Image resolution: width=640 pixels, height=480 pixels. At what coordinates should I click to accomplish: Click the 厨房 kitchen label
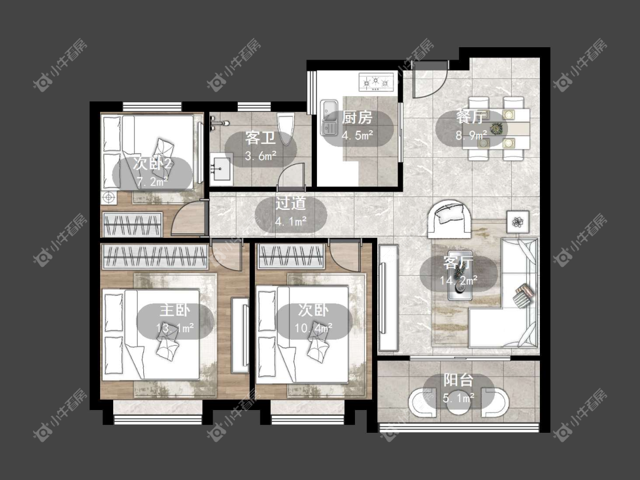(357, 118)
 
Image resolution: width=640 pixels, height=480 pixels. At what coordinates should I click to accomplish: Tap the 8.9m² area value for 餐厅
(472, 135)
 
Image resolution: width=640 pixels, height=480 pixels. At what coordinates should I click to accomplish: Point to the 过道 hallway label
(291, 203)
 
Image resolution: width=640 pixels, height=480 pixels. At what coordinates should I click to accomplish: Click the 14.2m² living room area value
(459, 281)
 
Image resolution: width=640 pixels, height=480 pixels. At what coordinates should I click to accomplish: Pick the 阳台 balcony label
(459, 380)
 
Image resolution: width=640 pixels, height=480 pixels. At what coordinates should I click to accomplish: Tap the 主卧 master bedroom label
(175, 310)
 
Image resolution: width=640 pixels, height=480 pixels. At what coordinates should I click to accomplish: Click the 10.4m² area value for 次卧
(313, 328)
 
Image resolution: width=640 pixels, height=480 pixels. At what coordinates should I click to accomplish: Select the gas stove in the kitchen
(376, 82)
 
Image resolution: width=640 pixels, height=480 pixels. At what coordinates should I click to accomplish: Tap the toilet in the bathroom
(286, 129)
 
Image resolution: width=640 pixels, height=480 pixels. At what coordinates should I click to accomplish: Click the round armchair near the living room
(449, 219)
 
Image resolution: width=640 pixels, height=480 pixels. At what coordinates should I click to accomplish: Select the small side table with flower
(518, 222)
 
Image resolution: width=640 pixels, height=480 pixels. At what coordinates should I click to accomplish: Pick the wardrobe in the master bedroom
(155, 256)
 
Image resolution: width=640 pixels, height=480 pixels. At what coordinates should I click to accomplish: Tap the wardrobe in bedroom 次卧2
(132, 225)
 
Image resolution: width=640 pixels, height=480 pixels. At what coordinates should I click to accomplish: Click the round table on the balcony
(459, 402)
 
